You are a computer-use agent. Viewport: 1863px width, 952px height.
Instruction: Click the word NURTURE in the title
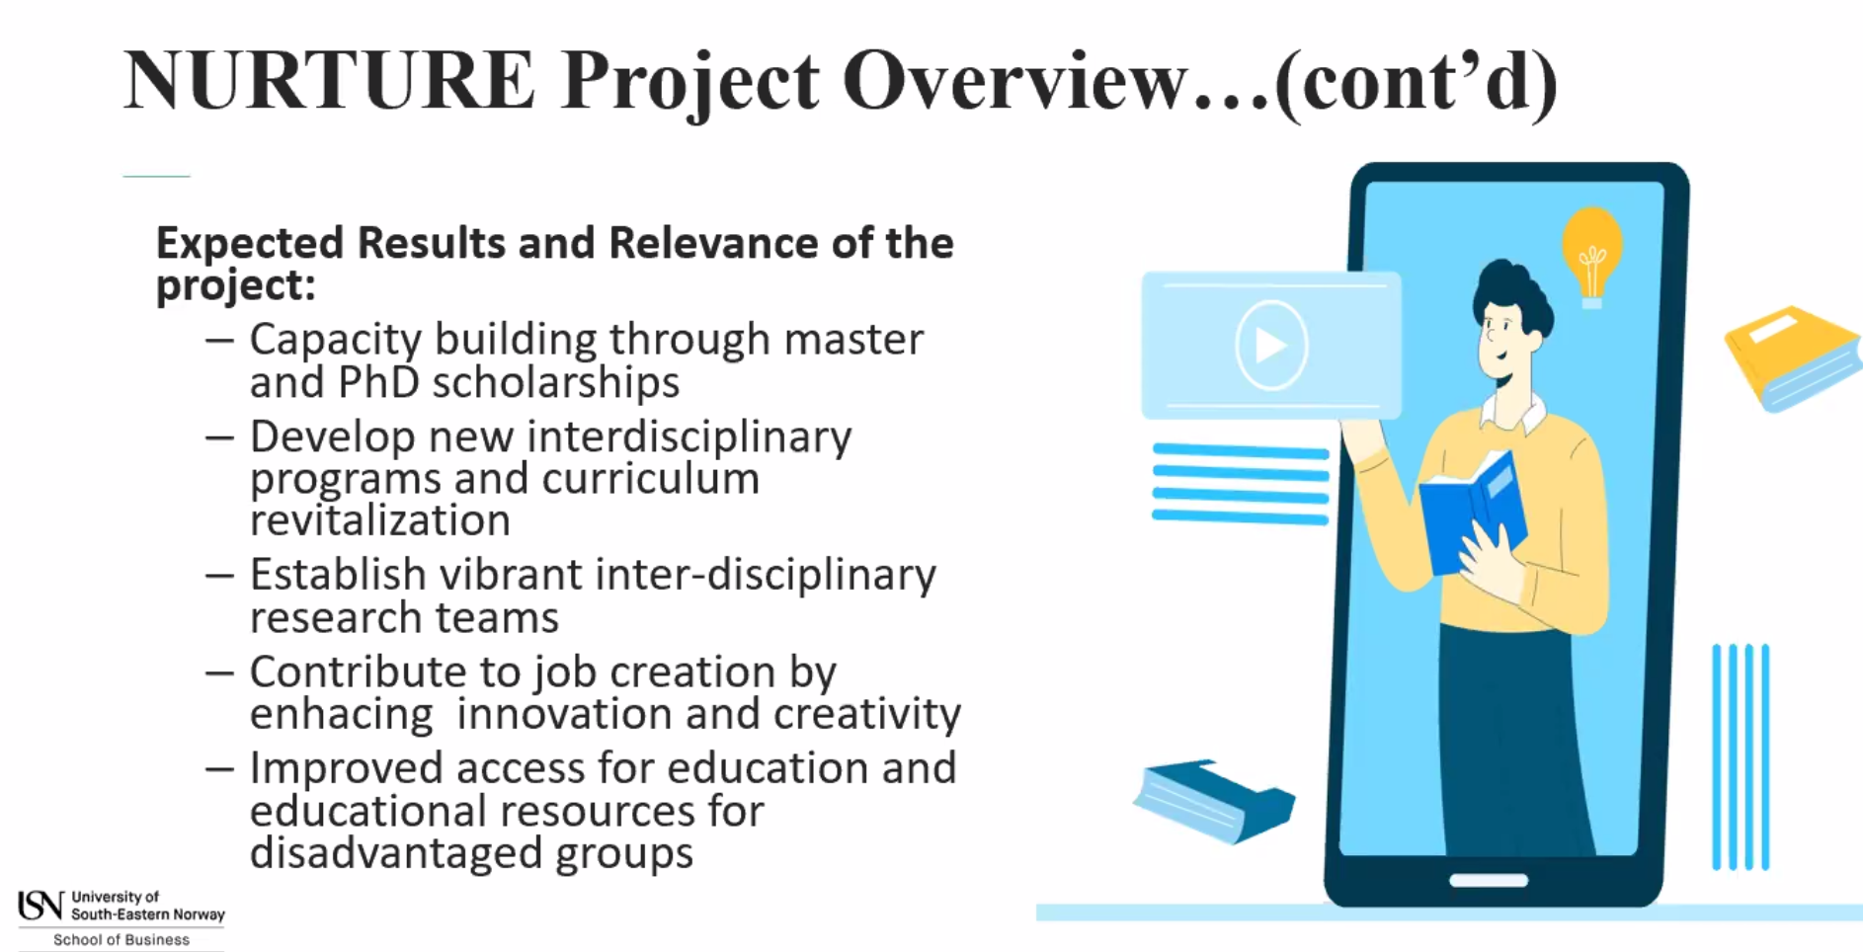point(329,80)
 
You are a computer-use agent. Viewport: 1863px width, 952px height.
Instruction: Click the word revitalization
point(379,520)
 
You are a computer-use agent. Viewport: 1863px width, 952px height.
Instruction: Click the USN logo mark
point(40,906)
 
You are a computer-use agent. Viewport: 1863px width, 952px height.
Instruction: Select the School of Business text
point(121,940)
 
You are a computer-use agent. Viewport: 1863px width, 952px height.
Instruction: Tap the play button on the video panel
point(1271,345)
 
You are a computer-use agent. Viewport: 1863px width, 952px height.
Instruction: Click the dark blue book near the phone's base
point(1214,800)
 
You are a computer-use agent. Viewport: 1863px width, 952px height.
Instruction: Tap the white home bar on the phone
point(1489,880)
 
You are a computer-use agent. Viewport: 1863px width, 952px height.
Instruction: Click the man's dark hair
point(1510,291)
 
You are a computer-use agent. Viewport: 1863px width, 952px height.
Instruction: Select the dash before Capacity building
point(219,341)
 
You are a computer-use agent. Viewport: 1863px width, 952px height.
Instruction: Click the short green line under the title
point(156,176)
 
